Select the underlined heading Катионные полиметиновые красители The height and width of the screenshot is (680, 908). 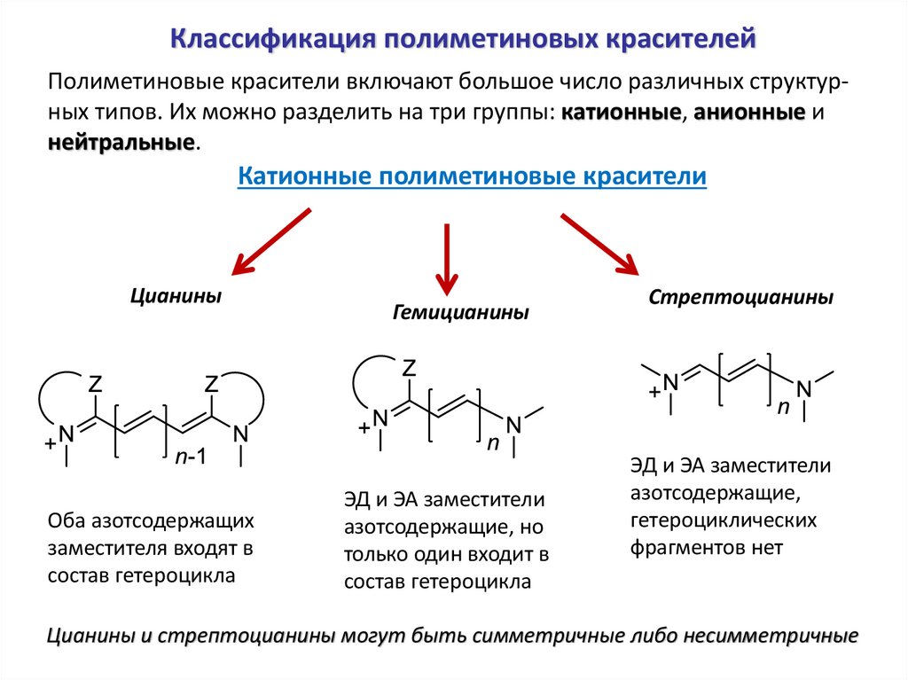(x=472, y=176)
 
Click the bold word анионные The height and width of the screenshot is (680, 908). (x=750, y=113)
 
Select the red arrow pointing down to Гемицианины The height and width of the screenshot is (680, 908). (x=447, y=257)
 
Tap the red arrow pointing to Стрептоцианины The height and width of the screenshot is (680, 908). (x=599, y=242)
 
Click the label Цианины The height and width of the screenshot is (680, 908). (x=176, y=295)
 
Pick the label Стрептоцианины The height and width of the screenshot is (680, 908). (x=740, y=297)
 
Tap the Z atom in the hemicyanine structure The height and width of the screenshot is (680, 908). (x=410, y=367)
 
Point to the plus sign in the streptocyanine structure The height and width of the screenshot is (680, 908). (x=654, y=390)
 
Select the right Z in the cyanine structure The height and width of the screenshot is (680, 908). (x=212, y=384)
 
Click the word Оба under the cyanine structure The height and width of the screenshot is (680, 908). (x=69, y=520)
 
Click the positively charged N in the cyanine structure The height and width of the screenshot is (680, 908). (x=67, y=434)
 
